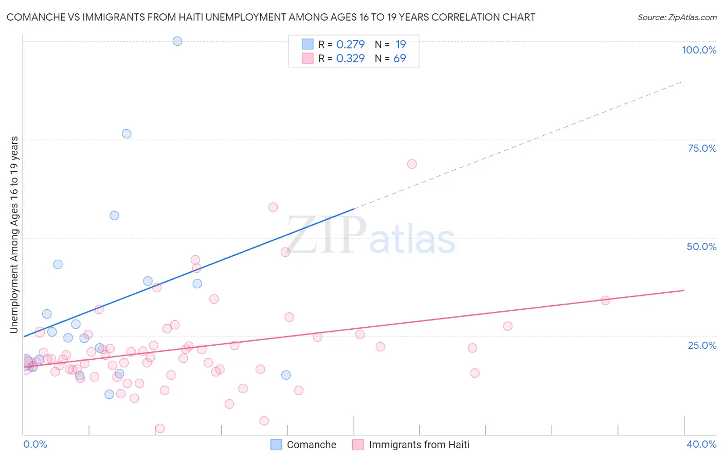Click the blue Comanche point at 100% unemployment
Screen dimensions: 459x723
[177, 41]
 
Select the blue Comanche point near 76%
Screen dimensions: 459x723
[126, 134]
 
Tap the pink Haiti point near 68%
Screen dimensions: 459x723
[412, 164]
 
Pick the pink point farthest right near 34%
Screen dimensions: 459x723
[605, 301]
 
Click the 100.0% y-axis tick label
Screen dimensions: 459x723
[699, 50]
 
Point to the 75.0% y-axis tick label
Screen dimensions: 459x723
[702, 148]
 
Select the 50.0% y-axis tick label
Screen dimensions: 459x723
[701, 246]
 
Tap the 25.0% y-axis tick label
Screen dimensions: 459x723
[702, 345]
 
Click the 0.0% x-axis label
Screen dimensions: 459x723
[35, 444]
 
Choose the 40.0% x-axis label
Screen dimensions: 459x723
[701, 444]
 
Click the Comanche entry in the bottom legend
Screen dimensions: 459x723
[311, 445]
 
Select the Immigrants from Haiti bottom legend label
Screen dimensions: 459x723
[419, 445]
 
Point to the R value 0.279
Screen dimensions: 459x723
[350, 44]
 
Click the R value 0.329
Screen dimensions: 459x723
[350, 58]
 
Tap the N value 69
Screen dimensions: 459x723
[400, 58]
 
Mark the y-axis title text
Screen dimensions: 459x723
[14, 235]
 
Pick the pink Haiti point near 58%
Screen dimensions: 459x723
[273, 207]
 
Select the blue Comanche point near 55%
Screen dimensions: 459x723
[115, 216]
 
